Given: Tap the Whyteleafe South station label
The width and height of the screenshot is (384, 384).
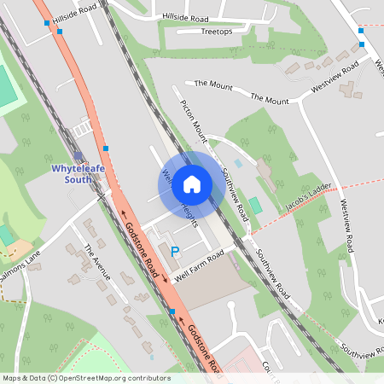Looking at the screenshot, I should (79, 173).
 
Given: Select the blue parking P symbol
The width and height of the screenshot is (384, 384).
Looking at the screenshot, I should (175, 252).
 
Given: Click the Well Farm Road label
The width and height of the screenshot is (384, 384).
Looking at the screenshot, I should (198, 266).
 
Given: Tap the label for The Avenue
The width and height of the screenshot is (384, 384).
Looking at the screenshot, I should (96, 262).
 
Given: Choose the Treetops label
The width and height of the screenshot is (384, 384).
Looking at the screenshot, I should (216, 32).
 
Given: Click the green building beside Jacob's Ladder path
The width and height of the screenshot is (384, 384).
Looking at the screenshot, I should (254, 206).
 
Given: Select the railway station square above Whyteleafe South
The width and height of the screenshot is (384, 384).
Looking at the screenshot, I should (79, 155).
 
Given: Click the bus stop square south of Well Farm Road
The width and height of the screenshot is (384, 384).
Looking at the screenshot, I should (172, 311).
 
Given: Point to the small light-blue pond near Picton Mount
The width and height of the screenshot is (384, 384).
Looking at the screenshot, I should (238, 162).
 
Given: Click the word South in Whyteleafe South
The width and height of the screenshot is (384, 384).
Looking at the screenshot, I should (79, 179).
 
